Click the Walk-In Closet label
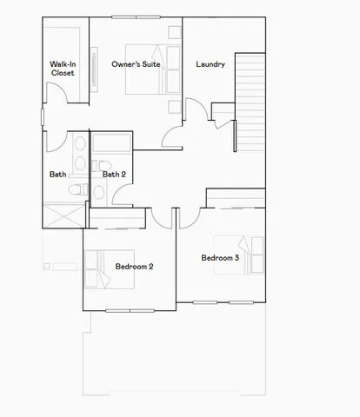coord(62,69)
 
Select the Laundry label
coord(210,64)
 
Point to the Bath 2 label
coord(114,175)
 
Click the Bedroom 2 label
coord(134,266)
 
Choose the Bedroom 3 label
coord(220,258)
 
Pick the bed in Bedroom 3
coord(250,255)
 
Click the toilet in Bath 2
coord(100,167)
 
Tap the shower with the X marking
coord(63,215)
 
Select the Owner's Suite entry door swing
coord(172,137)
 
